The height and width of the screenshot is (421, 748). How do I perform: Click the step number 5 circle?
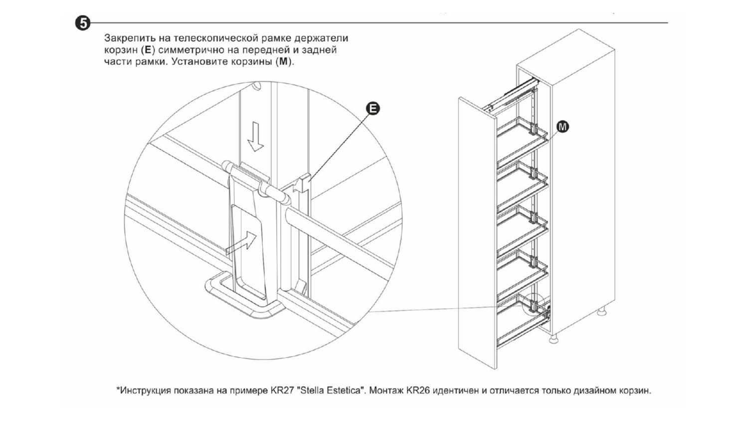pos(83,23)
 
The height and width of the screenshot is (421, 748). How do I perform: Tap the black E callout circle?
pos(373,109)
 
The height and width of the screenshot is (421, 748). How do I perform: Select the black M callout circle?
pos(562,127)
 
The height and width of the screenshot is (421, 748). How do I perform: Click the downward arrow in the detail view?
pos(255,136)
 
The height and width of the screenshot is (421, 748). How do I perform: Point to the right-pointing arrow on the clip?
pos(241,243)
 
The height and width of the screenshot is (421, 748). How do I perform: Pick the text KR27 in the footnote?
pos(280,391)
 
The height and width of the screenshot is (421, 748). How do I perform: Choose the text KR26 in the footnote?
pos(417,391)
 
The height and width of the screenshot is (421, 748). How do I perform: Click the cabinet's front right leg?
pos(553,339)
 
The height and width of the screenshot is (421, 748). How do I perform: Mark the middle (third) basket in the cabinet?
pos(522,230)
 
